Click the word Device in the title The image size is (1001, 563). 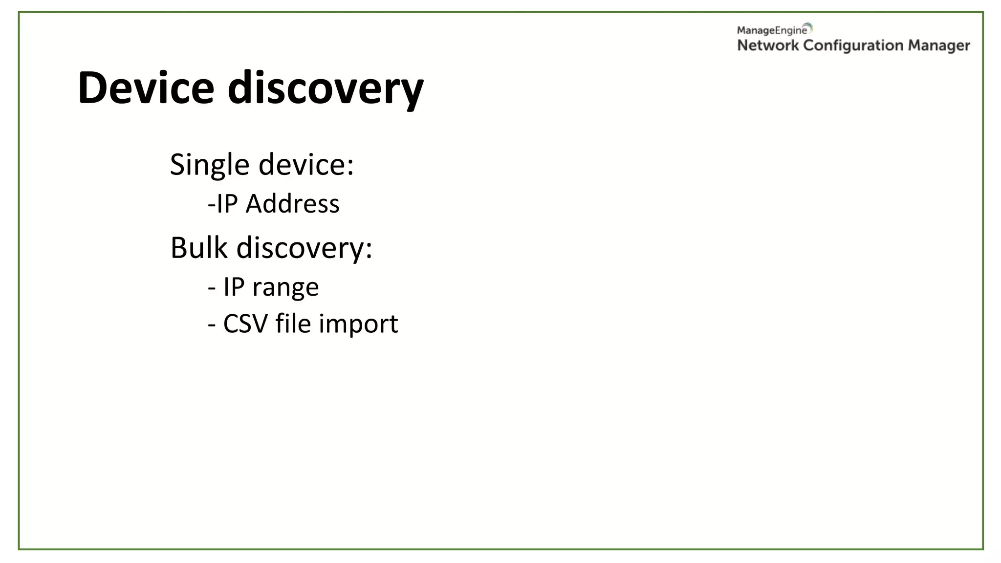point(146,88)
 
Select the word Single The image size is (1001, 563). point(210,165)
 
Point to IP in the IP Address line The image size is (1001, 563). point(227,203)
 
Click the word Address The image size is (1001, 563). point(292,203)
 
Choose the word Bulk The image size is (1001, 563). point(198,247)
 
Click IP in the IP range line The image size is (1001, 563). point(234,286)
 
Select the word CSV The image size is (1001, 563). point(245,324)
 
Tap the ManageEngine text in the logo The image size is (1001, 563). point(772,30)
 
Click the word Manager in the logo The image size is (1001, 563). point(939,46)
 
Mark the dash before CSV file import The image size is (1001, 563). point(212,325)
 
